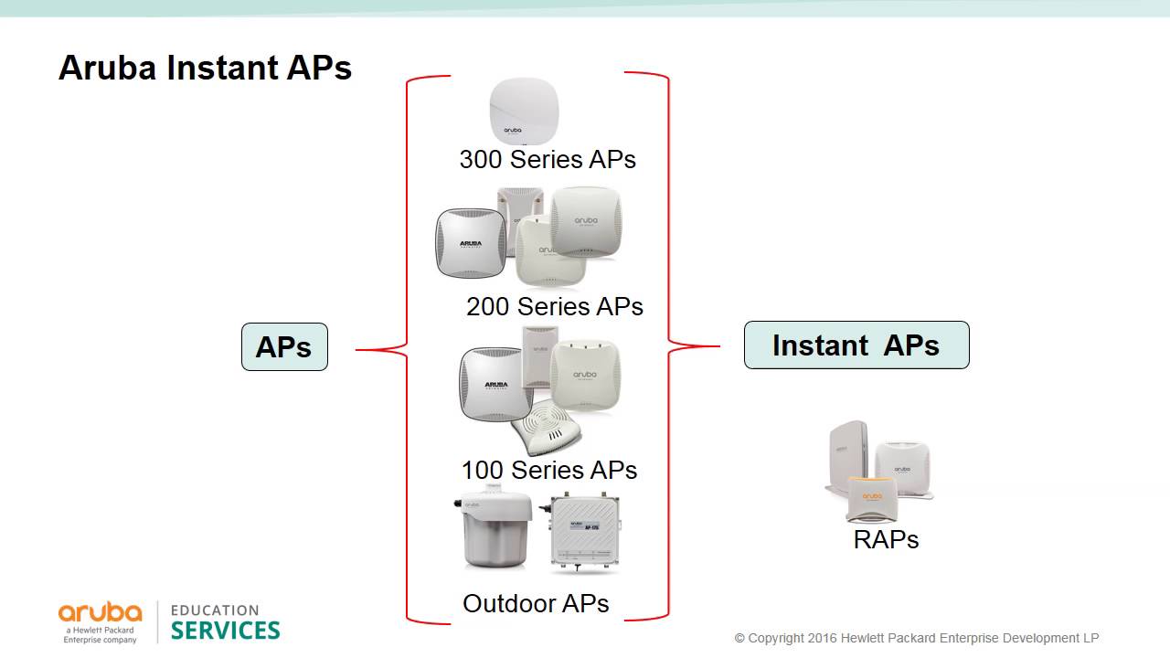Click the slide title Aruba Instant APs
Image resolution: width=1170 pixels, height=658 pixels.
point(205,69)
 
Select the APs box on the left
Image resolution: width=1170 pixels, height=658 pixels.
point(284,346)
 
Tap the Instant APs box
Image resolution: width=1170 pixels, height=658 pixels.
point(856,345)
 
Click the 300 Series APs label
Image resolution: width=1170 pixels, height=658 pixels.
point(547,159)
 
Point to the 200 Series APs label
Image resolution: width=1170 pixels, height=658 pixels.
point(554,306)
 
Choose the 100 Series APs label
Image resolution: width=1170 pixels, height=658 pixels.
point(548,470)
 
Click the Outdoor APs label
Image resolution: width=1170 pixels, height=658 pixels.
point(536,603)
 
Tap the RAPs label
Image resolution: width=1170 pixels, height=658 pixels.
point(885,539)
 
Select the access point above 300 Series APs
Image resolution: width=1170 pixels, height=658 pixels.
point(523,111)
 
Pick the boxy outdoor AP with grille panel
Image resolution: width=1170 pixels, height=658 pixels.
point(585,534)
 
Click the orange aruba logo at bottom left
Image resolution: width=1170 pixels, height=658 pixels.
point(101,612)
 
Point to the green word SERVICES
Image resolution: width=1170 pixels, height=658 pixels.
point(225,631)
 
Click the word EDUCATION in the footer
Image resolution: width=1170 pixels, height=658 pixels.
point(215,610)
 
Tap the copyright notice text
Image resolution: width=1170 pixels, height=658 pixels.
point(916,638)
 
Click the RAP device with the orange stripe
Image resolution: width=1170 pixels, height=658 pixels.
point(872,499)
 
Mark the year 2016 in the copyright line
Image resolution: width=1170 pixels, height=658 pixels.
point(823,638)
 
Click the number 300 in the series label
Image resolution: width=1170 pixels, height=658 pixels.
point(481,159)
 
